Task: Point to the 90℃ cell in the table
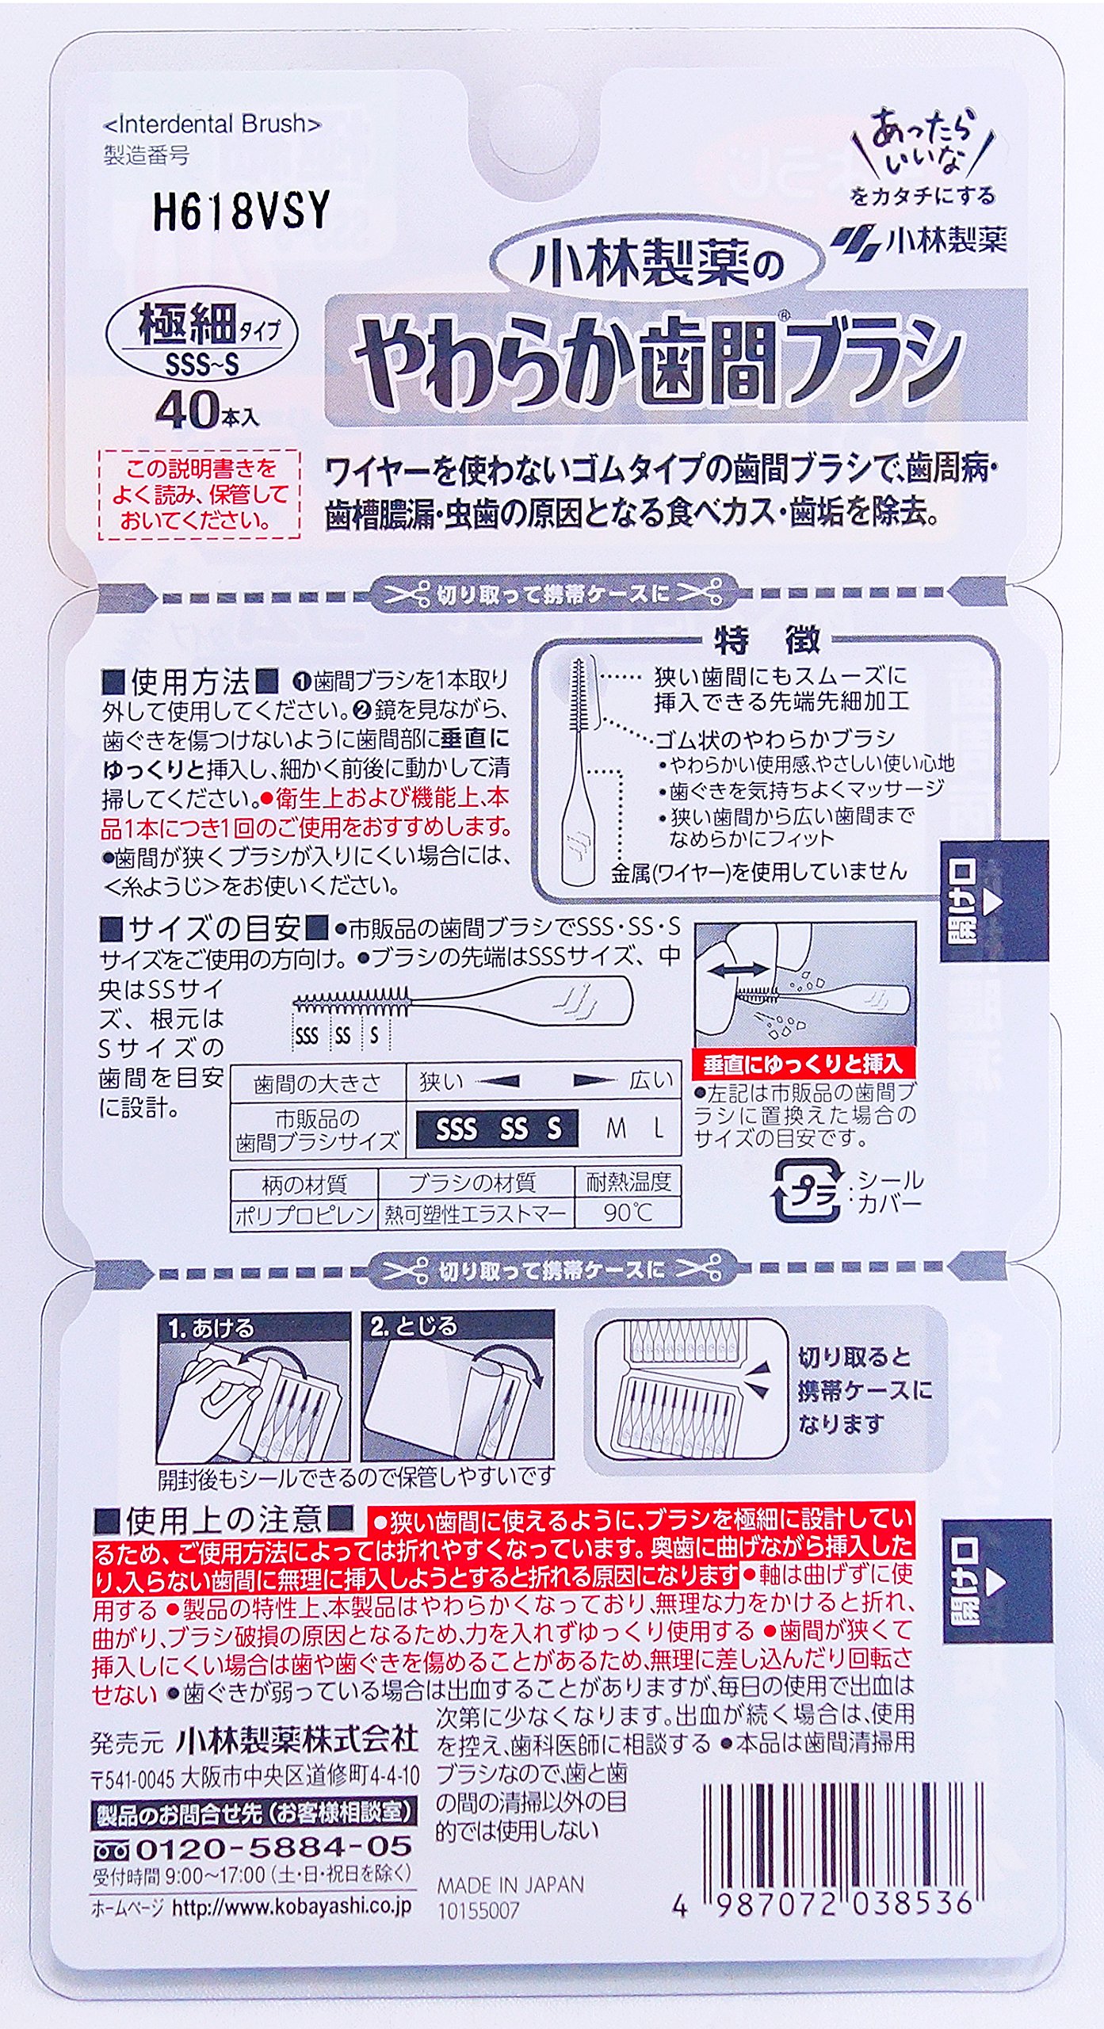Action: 628,1213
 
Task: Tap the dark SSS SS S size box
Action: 496,1128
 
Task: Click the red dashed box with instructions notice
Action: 199,495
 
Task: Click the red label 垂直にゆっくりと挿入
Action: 803,1064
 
